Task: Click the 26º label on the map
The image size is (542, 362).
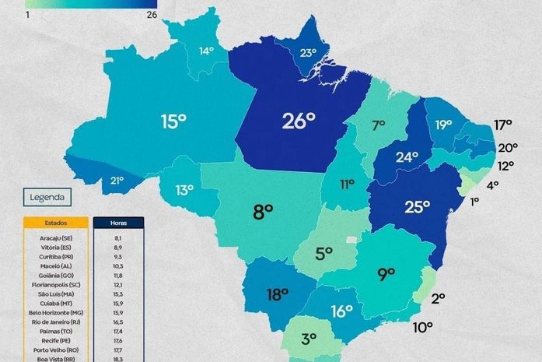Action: coord(298,121)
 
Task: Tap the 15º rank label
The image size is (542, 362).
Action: coord(173,121)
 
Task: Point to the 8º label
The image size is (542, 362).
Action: coord(263,210)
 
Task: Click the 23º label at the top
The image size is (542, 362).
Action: coord(309,53)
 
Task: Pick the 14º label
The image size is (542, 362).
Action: coord(205,51)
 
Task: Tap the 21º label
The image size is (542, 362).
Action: coord(117,181)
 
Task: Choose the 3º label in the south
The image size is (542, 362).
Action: coord(309,339)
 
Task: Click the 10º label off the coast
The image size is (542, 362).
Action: coord(422,327)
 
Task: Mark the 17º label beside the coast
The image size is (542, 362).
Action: coord(503,125)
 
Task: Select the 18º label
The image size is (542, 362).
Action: coord(278,295)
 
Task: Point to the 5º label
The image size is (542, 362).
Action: coord(323,253)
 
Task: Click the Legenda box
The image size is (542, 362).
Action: coord(47,197)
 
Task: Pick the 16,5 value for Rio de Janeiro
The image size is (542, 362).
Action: coord(117,321)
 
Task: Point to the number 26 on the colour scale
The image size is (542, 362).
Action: coord(152,14)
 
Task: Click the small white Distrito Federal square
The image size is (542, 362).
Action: coord(352,238)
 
